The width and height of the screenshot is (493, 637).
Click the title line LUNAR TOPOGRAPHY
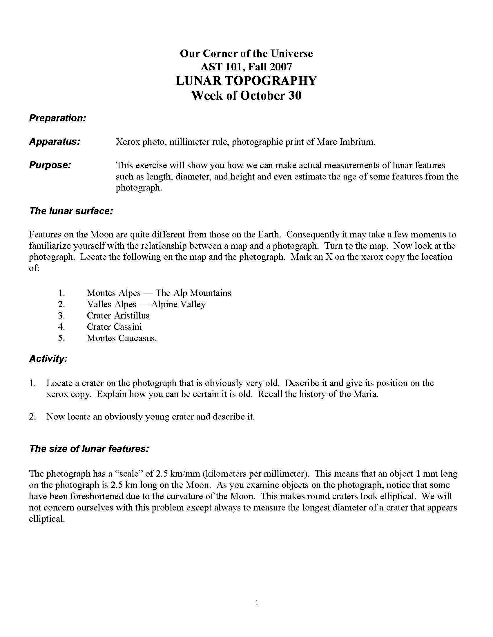[x=246, y=81]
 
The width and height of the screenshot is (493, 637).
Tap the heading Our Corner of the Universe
[x=246, y=53]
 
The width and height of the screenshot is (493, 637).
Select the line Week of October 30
[x=246, y=95]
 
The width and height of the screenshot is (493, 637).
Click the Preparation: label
[x=57, y=118]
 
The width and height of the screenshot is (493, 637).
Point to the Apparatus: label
[x=55, y=142]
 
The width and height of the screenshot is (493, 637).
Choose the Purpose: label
[x=50, y=165]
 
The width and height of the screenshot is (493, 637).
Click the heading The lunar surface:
[x=71, y=211]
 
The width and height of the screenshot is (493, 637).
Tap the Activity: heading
[x=48, y=358]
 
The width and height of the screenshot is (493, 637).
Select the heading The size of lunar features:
[x=89, y=448]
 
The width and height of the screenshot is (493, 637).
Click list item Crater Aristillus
[x=118, y=315]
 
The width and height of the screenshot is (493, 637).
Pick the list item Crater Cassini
[x=114, y=327]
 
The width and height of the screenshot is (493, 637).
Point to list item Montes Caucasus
[x=122, y=338]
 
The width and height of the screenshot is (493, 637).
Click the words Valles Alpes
[x=112, y=304]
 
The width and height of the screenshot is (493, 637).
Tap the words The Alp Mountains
[x=193, y=293]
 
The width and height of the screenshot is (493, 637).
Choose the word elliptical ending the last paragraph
[x=46, y=519]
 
